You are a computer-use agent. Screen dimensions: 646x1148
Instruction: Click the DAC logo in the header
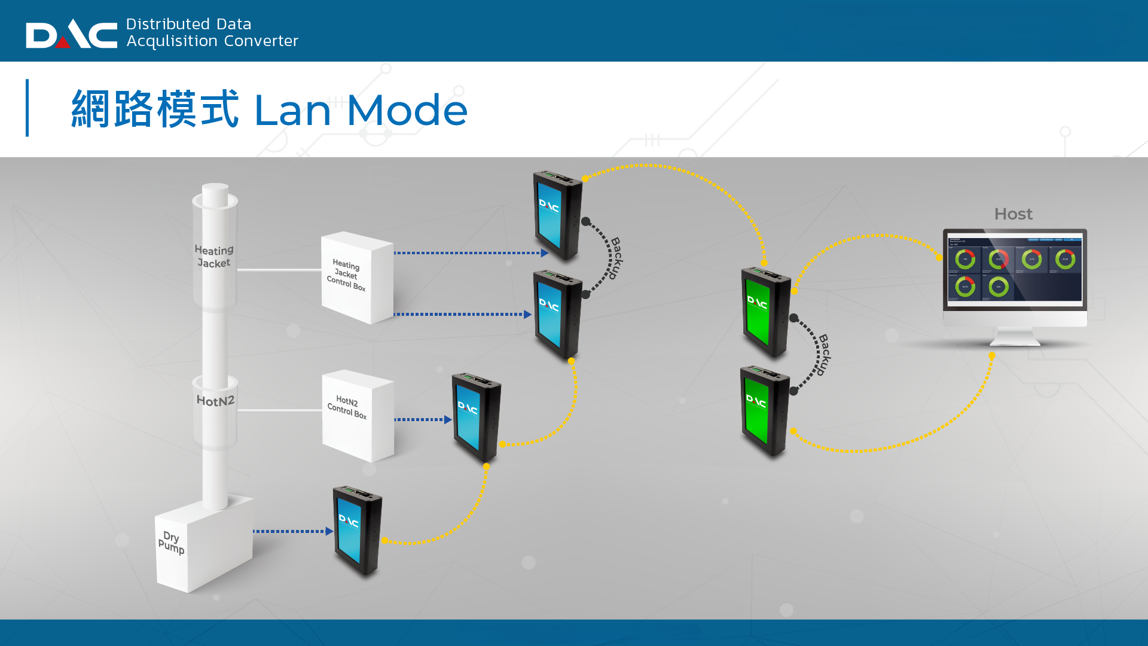(x=71, y=34)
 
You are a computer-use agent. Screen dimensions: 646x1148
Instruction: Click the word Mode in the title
(x=407, y=111)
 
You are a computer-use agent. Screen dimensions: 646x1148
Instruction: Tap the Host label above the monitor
(x=1013, y=214)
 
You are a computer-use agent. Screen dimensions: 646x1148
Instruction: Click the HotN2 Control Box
(x=358, y=415)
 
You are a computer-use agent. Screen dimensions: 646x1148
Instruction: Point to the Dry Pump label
(x=171, y=542)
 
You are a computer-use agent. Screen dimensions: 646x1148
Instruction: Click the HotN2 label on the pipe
(x=215, y=401)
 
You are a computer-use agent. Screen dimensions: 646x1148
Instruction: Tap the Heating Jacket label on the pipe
(x=214, y=257)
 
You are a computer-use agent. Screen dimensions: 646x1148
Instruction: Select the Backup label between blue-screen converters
(x=616, y=258)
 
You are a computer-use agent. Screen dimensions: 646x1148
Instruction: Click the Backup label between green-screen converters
(x=824, y=354)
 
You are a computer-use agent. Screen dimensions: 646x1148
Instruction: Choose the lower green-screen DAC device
(x=764, y=411)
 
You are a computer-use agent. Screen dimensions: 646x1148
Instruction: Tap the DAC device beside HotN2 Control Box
(x=476, y=418)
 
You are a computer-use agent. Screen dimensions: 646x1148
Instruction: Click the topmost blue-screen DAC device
(x=557, y=215)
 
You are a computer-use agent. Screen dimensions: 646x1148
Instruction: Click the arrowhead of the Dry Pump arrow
(x=329, y=531)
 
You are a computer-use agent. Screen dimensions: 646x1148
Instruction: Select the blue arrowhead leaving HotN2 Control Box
(x=447, y=420)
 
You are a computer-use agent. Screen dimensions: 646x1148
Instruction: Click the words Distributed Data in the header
(x=188, y=24)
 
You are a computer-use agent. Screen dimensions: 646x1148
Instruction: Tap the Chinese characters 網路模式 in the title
(x=155, y=109)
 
